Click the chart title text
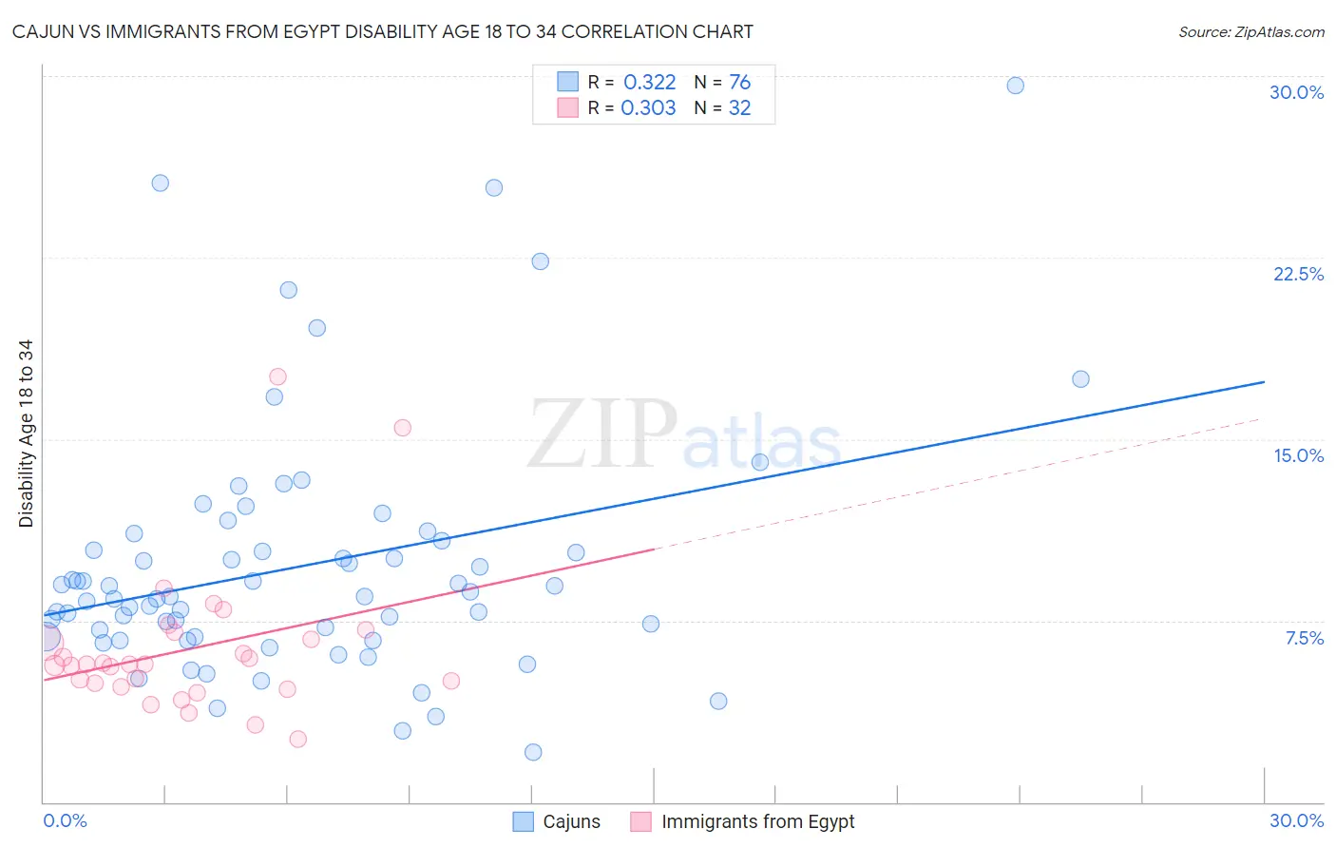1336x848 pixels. tap(382, 31)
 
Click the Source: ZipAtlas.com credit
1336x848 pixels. tap(1250, 31)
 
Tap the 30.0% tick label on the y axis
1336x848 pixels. tap(1296, 92)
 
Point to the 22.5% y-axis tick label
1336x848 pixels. tap(1298, 274)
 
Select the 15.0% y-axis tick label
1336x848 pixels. tap(1298, 455)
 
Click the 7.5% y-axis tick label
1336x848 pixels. tap(1304, 638)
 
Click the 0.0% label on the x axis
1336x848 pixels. tap(65, 820)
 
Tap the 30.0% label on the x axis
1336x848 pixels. tap(1296, 820)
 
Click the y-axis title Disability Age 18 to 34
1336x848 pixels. tap(26, 434)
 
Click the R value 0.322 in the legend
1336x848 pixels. tap(649, 83)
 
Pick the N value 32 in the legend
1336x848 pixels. tap(739, 108)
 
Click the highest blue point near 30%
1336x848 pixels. tap(1015, 86)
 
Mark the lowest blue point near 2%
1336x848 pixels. tap(533, 752)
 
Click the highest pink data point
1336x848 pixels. tap(277, 376)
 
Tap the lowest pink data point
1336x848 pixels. tap(297, 739)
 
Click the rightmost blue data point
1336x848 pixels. tap(1080, 379)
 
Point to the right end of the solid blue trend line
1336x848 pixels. tap(1264, 381)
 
